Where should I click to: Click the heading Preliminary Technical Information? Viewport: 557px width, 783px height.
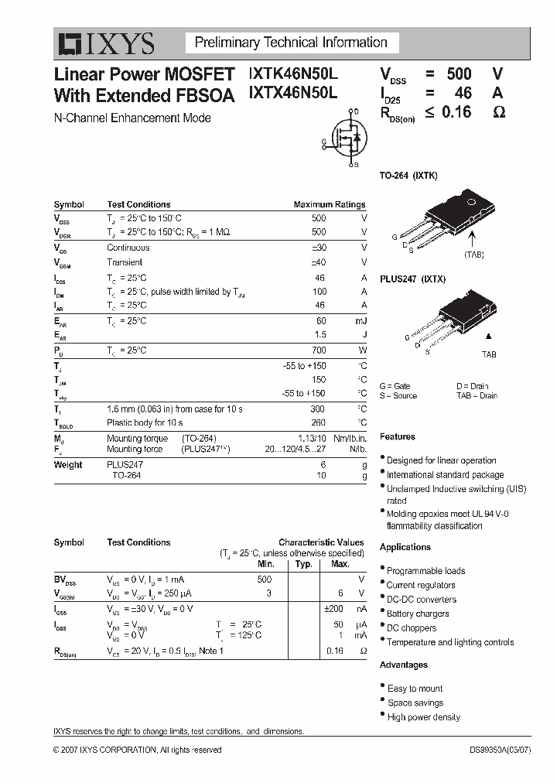(291, 43)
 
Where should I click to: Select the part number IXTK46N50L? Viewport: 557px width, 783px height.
(293, 74)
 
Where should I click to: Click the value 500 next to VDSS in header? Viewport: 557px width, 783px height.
(458, 74)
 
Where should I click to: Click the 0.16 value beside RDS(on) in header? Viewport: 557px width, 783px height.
(456, 112)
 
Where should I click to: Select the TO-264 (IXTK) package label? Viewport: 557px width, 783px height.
(408, 176)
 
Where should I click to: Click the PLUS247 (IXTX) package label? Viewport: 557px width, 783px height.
(412, 279)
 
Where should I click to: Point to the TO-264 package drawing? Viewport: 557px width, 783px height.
(456, 214)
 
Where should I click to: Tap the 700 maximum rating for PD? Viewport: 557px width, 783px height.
(319, 350)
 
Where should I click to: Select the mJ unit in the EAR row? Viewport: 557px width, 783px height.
(361, 320)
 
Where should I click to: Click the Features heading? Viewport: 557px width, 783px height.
(398, 437)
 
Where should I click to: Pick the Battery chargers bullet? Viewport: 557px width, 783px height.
(417, 614)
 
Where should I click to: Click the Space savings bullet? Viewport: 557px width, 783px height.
(415, 703)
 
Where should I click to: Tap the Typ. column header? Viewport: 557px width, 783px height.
(303, 564)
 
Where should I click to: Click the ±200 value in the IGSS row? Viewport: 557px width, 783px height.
(333, 608)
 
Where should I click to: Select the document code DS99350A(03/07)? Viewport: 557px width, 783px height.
(511, 750)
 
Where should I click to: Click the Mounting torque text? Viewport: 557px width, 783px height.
(137, 438)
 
